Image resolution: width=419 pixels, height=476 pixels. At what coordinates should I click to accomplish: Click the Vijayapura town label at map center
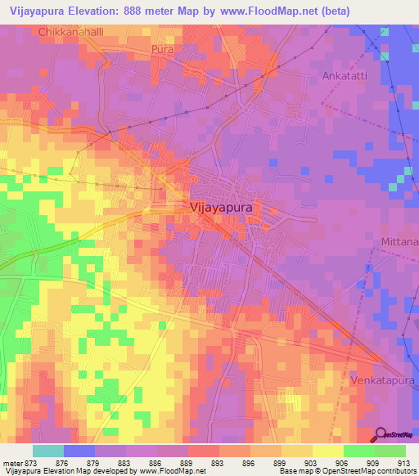[x=221, y=208]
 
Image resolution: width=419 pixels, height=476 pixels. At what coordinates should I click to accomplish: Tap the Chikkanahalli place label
[x=71, y=32]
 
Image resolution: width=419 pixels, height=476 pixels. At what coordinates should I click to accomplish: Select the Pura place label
[x=162, y=50]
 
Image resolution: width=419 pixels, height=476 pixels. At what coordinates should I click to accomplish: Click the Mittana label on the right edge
[x=399, y=242]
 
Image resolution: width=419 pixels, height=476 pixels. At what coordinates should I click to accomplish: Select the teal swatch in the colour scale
[x=47, y=451]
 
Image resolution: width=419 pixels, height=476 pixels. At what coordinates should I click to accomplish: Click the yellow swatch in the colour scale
[x=327, y=451]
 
